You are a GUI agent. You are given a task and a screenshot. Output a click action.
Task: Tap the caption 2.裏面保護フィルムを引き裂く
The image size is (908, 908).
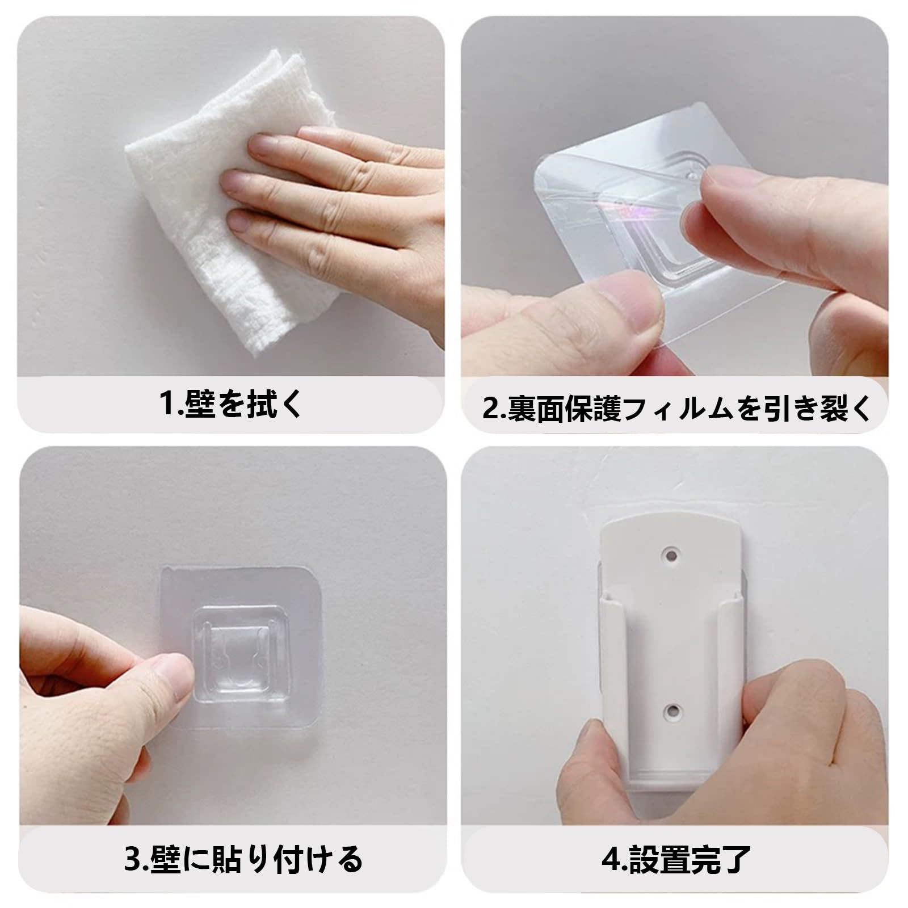coord(676,408)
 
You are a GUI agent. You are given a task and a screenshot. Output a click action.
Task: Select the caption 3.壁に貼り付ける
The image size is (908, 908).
coord(243,859)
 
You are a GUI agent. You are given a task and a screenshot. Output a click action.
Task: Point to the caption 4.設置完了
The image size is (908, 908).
coord(676,859)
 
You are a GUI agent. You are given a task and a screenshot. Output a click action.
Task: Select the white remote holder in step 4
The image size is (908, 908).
coord(671,647)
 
